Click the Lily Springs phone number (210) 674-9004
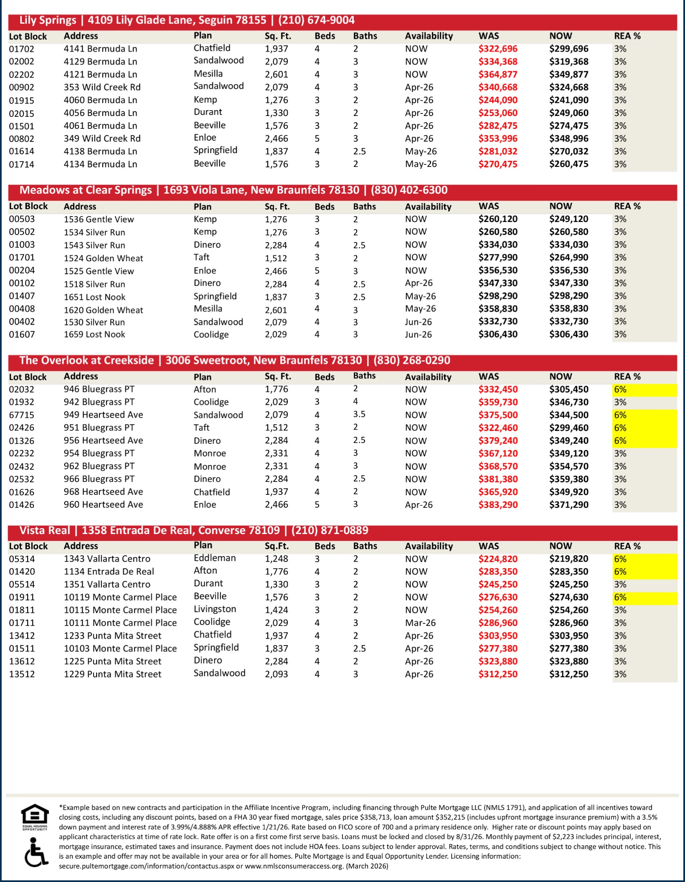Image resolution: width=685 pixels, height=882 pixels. click(316, 20)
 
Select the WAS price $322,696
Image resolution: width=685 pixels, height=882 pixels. click(498, 49)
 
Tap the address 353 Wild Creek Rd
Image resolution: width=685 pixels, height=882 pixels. click(102, 87)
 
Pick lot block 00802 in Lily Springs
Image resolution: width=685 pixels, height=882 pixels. click(22, 139)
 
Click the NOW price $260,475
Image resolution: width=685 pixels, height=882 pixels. click(568, 164)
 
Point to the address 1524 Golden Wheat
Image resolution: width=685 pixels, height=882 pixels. click(103, 258)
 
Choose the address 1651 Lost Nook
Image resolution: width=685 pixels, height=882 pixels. click(94, 297)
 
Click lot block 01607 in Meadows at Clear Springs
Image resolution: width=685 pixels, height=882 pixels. click(22, 335)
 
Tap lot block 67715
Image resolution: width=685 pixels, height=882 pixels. click(22, 415)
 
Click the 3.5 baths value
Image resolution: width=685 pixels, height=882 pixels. click(359, 414)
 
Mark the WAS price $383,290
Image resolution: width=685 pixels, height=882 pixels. click(498, 505)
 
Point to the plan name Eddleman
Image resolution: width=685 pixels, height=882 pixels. click(215, 558)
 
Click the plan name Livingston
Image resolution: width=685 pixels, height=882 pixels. click(215, 609)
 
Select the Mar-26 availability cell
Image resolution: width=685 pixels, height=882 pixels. click(420, 623)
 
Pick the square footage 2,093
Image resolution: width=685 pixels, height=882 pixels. click(276, 674)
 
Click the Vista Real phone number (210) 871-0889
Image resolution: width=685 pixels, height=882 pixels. click(330, 530)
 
